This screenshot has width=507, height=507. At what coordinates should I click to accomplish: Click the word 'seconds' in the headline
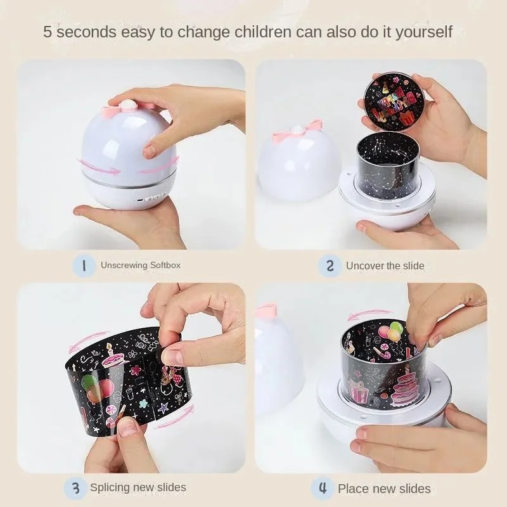(x=86, y=32)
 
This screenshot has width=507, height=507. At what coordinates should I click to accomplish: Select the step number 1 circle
(x=84, y=266)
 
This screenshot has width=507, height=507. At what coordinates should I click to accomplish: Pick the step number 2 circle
(x=330, y=266)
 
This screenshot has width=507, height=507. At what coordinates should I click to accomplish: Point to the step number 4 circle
(x=323, y=488)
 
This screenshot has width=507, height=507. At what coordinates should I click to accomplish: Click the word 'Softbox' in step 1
(x=165, y=266)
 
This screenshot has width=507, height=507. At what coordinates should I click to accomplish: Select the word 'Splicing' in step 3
(x=110, y=488)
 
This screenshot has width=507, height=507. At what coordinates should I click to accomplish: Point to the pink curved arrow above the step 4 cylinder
(x=369, y=314)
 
